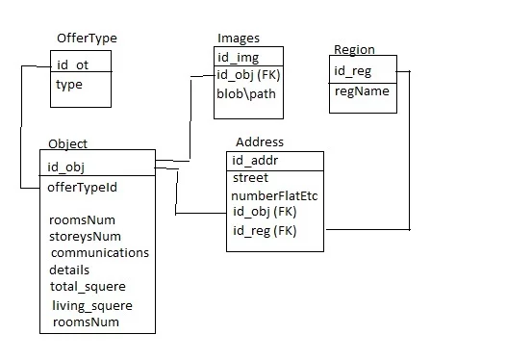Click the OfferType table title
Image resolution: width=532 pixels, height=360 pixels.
point(89,39)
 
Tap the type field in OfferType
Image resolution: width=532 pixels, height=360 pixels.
point(69,85)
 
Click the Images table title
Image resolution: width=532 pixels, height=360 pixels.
point(238,38)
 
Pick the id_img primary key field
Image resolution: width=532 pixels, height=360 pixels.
point(239,58)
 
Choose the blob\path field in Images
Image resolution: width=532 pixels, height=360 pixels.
point(246,94)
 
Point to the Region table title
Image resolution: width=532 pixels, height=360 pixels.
point(354,50)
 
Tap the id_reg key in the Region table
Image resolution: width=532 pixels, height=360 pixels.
point(351,70)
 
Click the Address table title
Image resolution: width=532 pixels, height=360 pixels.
point(259,142)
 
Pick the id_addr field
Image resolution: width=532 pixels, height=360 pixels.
point(256,160)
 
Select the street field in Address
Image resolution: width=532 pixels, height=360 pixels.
point(250,178)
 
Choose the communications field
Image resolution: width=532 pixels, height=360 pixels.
point(100,253)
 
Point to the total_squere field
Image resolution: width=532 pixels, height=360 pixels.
point(88,287)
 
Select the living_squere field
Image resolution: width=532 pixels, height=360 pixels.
point(91,306)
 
